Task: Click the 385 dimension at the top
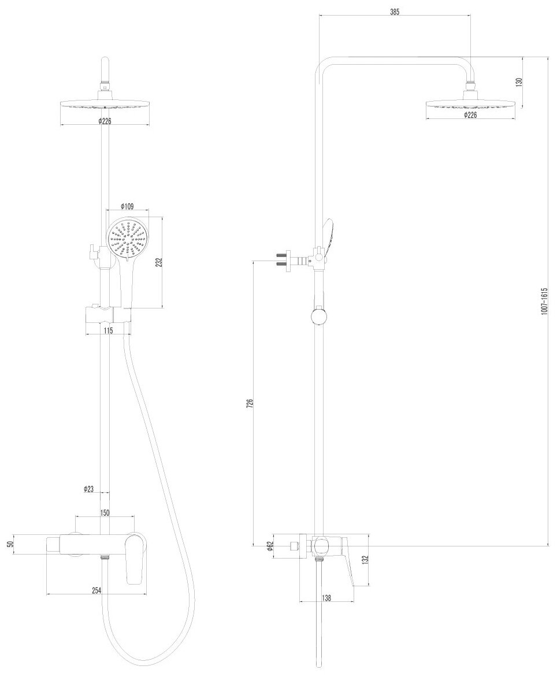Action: pos(395,12)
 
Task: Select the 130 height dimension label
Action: pos(519,82)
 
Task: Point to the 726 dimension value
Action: pos(250,403)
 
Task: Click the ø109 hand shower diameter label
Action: pos(127,206)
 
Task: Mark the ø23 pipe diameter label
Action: pos(88,489)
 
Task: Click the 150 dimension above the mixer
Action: pos(105,512)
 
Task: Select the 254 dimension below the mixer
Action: pos(96,590)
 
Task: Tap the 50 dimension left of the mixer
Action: pos(8,544)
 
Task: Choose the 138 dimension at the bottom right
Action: pos(326,598)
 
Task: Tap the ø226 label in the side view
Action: pos(470,115)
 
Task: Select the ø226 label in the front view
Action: pos(105,121)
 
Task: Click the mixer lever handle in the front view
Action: pos(134,557)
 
